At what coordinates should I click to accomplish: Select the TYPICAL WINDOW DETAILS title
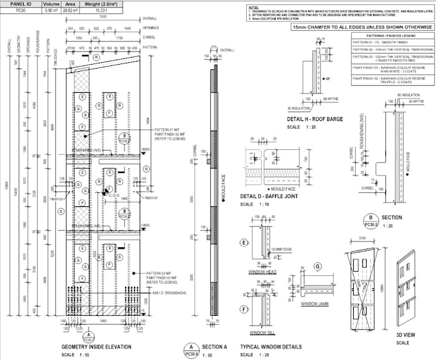click(x=271, y=347)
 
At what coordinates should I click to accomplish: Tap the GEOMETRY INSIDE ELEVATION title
click(x=96, y=347)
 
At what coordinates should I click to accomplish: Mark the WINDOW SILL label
click(x=263, y=333)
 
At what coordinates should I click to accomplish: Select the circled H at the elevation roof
click(x=96, y=57)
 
